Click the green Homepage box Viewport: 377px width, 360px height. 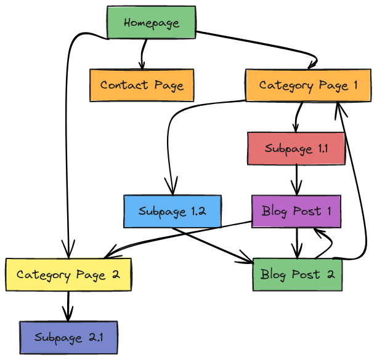click(151, 23)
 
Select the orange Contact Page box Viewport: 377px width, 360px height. click(142, 85)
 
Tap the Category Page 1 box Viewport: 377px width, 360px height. click(308, 85)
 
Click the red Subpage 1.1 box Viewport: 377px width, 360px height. click(296, 148)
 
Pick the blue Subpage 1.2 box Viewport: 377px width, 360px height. click(172, 212)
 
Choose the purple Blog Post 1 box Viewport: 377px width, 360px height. click(296, 211)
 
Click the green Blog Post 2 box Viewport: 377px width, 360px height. click(297, 274)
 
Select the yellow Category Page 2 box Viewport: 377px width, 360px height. click(68, 274)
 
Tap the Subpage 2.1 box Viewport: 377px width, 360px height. click(68, 337)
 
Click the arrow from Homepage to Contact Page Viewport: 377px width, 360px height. click(142, 55)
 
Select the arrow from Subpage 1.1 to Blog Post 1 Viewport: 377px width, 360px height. click(298, 180)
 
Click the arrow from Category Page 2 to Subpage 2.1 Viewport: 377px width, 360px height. click(68, 305)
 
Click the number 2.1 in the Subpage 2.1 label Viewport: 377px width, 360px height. click(92, 337)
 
